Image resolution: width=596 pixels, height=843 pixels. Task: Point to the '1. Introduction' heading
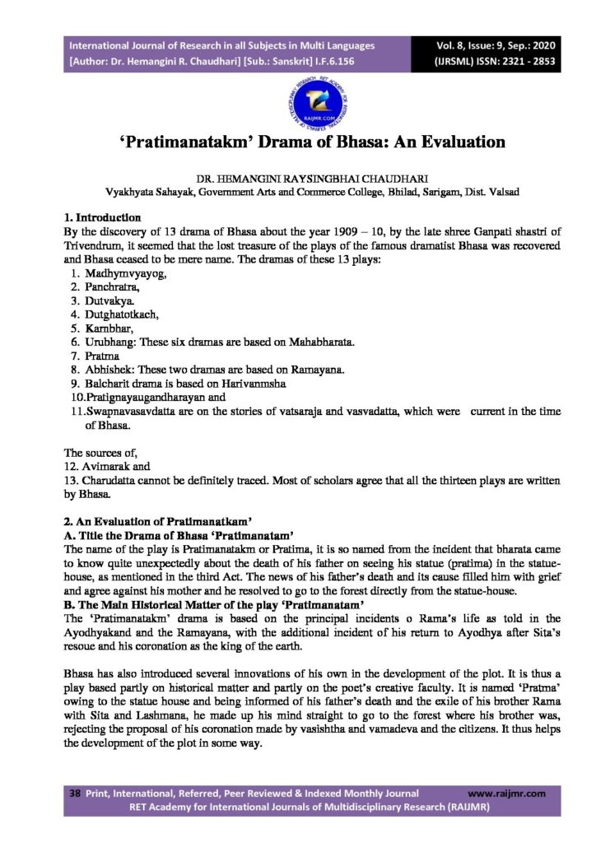pos(102,219)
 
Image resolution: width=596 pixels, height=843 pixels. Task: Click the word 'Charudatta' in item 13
pos(112,480)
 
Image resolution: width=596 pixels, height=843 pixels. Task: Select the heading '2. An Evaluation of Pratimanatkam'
pos(157,523)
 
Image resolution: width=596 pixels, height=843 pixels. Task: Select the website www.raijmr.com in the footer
pos(505,794)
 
